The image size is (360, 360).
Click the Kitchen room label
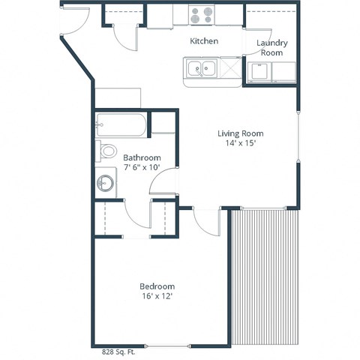pos(204,40)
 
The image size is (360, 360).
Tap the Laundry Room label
pos(271,48)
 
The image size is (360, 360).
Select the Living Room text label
pos(241,133)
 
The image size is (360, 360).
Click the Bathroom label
pos(142,157)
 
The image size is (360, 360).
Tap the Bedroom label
pos(157,286)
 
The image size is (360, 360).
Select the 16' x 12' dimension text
pos(157,296)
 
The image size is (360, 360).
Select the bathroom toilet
pos(107,151)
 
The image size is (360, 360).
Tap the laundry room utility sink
pos(261,72)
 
